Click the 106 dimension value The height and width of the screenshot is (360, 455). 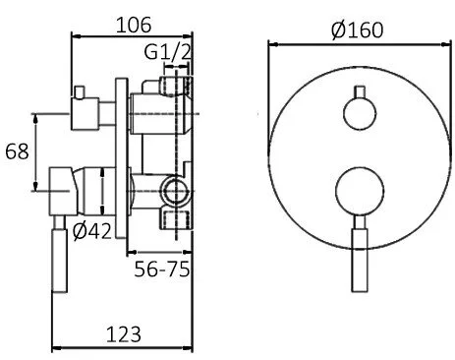134,25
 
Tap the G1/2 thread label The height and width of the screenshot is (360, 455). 167,52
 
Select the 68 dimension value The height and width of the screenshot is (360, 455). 17,151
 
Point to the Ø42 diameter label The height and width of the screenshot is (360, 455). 92,231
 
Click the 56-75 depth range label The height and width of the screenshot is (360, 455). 162,270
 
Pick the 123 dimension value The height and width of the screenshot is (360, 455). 124,334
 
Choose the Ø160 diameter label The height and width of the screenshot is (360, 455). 357,30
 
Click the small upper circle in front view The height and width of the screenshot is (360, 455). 360,113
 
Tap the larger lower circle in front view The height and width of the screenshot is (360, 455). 360,192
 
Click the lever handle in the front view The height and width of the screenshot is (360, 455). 360,254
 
